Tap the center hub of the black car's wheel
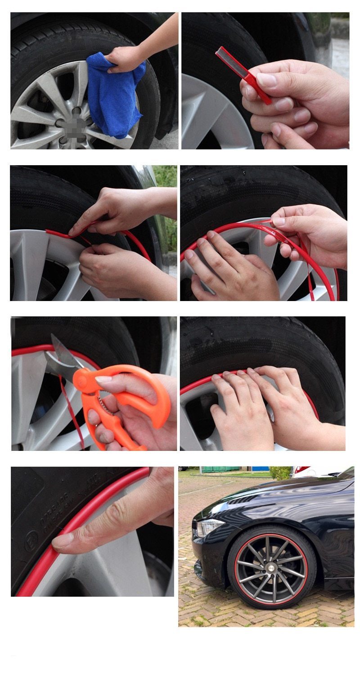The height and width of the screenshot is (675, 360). tap(272, 567)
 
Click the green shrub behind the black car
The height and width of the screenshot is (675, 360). tap(280, 472)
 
